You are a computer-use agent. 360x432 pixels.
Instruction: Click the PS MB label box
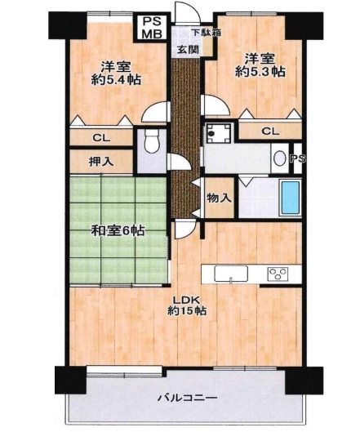152,27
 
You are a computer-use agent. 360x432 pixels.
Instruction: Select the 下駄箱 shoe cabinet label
207,33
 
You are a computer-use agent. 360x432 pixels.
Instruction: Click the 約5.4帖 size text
116,80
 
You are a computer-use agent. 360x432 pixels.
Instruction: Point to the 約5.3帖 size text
260,72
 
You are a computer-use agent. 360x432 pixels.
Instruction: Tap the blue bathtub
290,197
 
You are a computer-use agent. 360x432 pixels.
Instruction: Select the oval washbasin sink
280,158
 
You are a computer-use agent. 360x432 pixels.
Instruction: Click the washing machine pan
219,133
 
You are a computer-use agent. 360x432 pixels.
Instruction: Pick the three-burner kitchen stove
278,274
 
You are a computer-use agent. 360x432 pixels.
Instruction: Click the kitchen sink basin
231,274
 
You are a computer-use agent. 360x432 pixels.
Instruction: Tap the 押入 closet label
101,162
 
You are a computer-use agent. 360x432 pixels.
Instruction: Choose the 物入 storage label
219,198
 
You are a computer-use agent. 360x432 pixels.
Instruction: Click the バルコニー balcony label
188,398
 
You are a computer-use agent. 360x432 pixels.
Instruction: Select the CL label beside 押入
101,137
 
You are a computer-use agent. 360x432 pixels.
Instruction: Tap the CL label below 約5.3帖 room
270,131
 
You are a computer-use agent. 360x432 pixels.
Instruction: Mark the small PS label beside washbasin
298,158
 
